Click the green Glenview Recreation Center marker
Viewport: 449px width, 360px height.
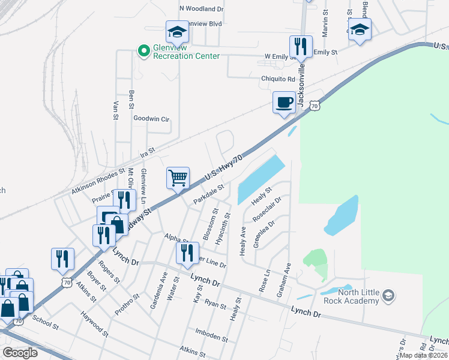(x=143, y=51)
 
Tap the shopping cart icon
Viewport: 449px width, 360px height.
(x=178, y=178)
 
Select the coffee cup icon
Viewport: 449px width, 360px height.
(x=284, y=102)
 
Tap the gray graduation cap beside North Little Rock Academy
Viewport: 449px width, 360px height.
(x=388, y=295)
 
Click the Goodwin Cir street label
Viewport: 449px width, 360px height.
(x=151, y=119)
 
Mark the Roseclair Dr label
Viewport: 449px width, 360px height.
(x=267, y=208)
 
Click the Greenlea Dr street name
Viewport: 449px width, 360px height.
(x=264, y=233)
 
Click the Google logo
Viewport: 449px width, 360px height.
(x=20, y=353)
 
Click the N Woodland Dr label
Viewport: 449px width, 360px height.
(x=201, y=9)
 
